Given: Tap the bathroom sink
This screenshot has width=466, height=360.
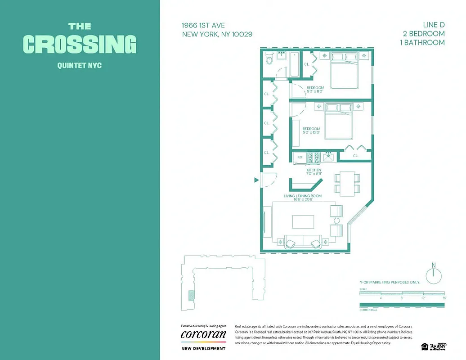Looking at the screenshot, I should point(282,56).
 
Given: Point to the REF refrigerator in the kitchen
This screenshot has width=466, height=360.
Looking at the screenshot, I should point(300,157).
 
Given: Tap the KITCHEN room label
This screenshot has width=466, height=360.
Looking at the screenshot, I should point(314,170).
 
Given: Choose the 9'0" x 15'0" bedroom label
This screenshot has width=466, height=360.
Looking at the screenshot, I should point(311,131).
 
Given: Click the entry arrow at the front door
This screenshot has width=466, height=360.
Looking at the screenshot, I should point(256,180).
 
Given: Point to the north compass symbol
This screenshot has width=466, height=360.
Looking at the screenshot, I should point(434,274).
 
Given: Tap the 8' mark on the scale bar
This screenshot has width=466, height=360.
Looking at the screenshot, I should point(402,298).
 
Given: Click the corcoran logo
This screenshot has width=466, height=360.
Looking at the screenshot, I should point(203,335).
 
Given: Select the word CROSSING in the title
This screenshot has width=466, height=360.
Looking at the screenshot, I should point(80,44).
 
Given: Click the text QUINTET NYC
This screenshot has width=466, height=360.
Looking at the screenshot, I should point(80,66).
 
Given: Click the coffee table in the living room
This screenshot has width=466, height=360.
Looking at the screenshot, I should point(303,222).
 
